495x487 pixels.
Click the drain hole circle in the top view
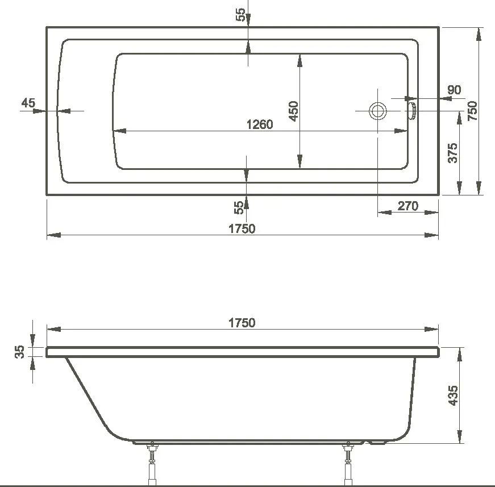tap(377, 111)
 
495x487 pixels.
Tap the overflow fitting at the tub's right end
tap(412, 110)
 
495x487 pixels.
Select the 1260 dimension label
tap(259, 124)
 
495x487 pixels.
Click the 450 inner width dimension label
tap(293, 111)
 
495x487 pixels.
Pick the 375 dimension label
tap(452, 153)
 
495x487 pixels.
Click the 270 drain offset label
tap(407, 206)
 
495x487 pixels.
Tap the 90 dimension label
tap(454, 90)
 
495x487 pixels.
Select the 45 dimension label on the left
tap(28, 103)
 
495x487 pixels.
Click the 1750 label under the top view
tap(242, 228)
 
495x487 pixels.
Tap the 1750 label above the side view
tap(242, 322)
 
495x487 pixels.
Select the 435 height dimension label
tap(453, 395)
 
